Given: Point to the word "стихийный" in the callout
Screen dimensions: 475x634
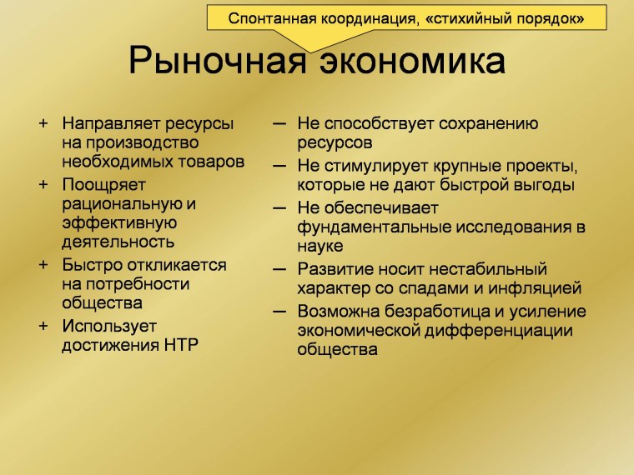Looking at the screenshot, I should point(468,17).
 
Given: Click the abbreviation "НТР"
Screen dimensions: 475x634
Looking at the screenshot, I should point(178,345).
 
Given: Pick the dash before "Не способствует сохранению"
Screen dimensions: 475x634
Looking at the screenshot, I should point(281,123).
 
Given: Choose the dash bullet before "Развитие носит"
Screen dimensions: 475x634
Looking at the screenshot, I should point(281,268).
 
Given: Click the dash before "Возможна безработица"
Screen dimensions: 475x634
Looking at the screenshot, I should point(281,311).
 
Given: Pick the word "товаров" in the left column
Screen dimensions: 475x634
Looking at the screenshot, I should point(214,162).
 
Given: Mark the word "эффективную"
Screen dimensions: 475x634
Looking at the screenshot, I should point(118,223).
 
